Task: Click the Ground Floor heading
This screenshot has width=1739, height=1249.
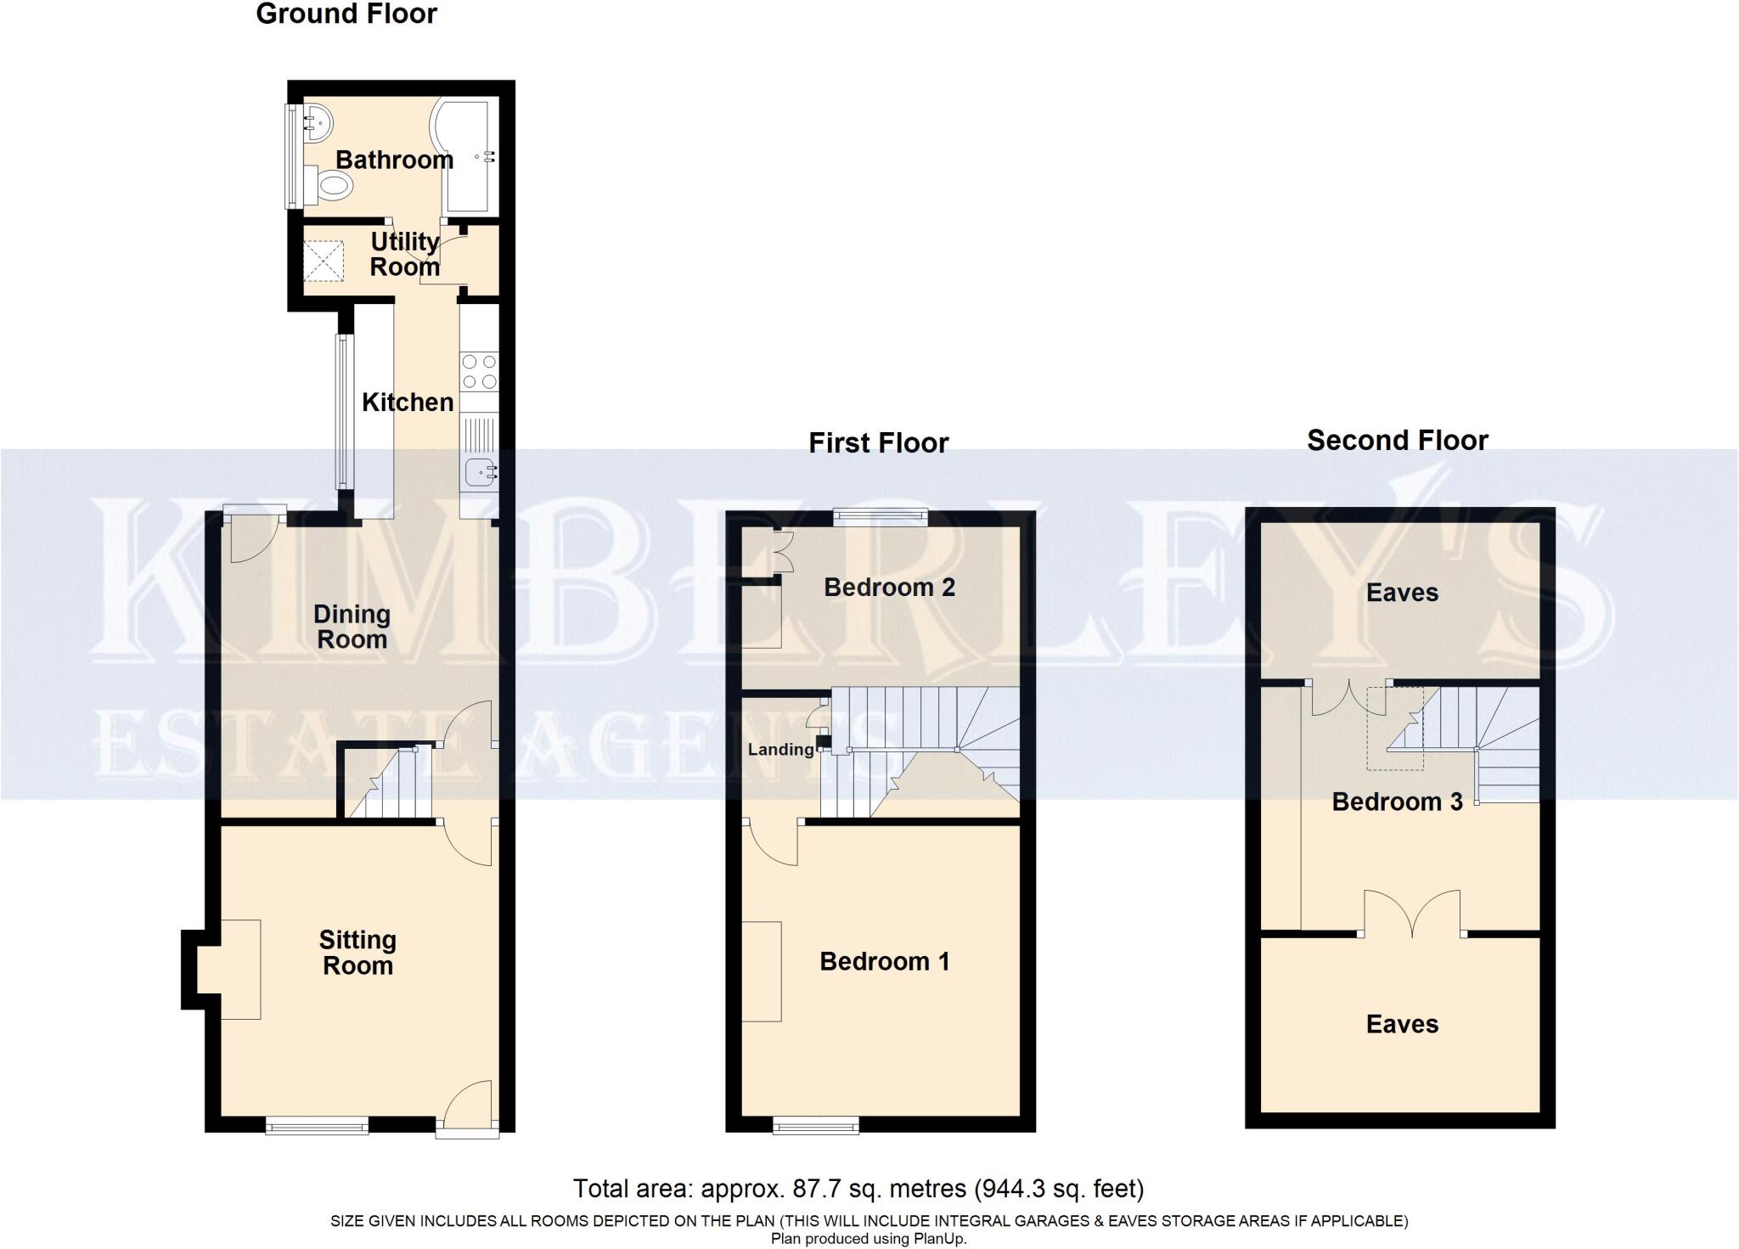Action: pyautogui.click(x=346, y=14)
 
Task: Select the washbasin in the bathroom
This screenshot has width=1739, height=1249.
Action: pyautogui.click(x=316, y=124)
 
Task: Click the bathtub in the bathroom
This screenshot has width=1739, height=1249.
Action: pyautogui.click(x=466, y=155)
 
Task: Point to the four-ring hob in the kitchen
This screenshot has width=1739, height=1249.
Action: pyautogui.click(x=479, y=372)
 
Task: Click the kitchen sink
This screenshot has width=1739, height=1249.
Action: pyautogui.click(x=480, y=470)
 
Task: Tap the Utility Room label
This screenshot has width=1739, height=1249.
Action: pyautogui.click(x=404, y=254)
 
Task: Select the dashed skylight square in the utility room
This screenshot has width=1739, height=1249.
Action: pyautogui.click(x=323, y=260)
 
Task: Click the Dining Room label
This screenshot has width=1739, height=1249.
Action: pyautogui.click(x=352, y=627)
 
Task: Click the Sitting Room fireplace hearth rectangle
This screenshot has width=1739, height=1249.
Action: pyautogui.click(x=240, y=969)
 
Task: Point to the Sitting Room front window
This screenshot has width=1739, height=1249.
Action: pyautogui.click(x=317, y=1126)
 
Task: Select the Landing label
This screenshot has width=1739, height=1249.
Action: pyautogui.click(x=780, y=749)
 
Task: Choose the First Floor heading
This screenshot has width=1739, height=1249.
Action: pyautogui.click(x=878, y=443)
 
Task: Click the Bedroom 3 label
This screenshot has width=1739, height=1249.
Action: pyautogui.click(x=1397, y=802)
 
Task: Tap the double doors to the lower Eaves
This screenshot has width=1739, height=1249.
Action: pyautogui.click(x=1413, y=914)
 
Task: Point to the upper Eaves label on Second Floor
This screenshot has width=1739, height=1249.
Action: pyautogui.click(x=1402, y=593)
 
